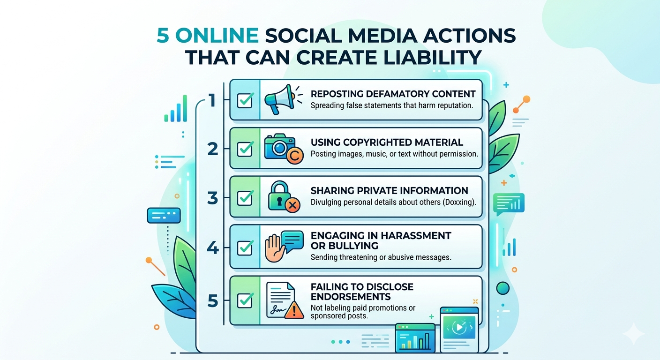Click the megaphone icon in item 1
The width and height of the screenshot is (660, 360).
click(x=280, y=99)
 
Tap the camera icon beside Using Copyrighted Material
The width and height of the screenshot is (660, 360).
click(x=279, y=147)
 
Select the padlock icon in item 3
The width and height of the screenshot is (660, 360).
click(x=279, y=195)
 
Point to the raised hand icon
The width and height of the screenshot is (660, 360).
click(x=275, y=248)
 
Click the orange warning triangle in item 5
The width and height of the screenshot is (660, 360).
click(x=294, y=310)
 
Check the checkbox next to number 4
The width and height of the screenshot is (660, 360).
click(x=245, y=248)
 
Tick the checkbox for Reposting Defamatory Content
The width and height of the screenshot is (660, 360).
click(x=245, y=100)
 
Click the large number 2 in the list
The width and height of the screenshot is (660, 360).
click(x=213, y=149)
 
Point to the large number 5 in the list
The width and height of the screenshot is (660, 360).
click(x=213, y=301)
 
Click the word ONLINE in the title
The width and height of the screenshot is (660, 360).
click(x=217, y=35)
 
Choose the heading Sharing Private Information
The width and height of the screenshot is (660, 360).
click(x=389, y=191)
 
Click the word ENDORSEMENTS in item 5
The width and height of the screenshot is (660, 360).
click(x=351, y=296)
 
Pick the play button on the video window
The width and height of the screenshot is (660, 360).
click(x=459, y=327)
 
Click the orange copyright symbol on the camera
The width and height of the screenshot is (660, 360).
click(x=295, y=155)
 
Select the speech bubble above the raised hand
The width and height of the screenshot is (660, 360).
click(x=292, y=241)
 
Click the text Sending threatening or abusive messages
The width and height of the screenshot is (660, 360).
click(x=381, y=257)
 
